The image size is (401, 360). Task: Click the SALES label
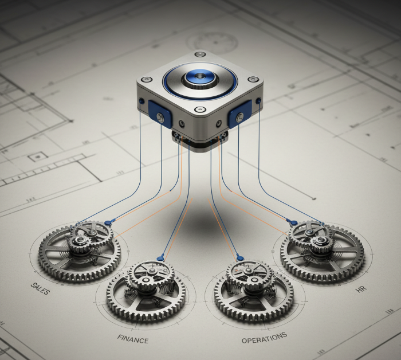tap(40, 288)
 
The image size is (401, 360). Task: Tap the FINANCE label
tap(133, 339)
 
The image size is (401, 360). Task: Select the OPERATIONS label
tap(264, 338)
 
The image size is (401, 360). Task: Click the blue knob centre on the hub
tap(199, 76)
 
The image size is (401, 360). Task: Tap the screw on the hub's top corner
tap(200, 54)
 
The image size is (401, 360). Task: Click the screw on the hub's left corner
tap(147, 80)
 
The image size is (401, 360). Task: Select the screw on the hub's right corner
tap(253, 79)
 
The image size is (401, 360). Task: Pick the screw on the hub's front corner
tap(200, 109)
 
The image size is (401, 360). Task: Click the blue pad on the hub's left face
tap(160, 114)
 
